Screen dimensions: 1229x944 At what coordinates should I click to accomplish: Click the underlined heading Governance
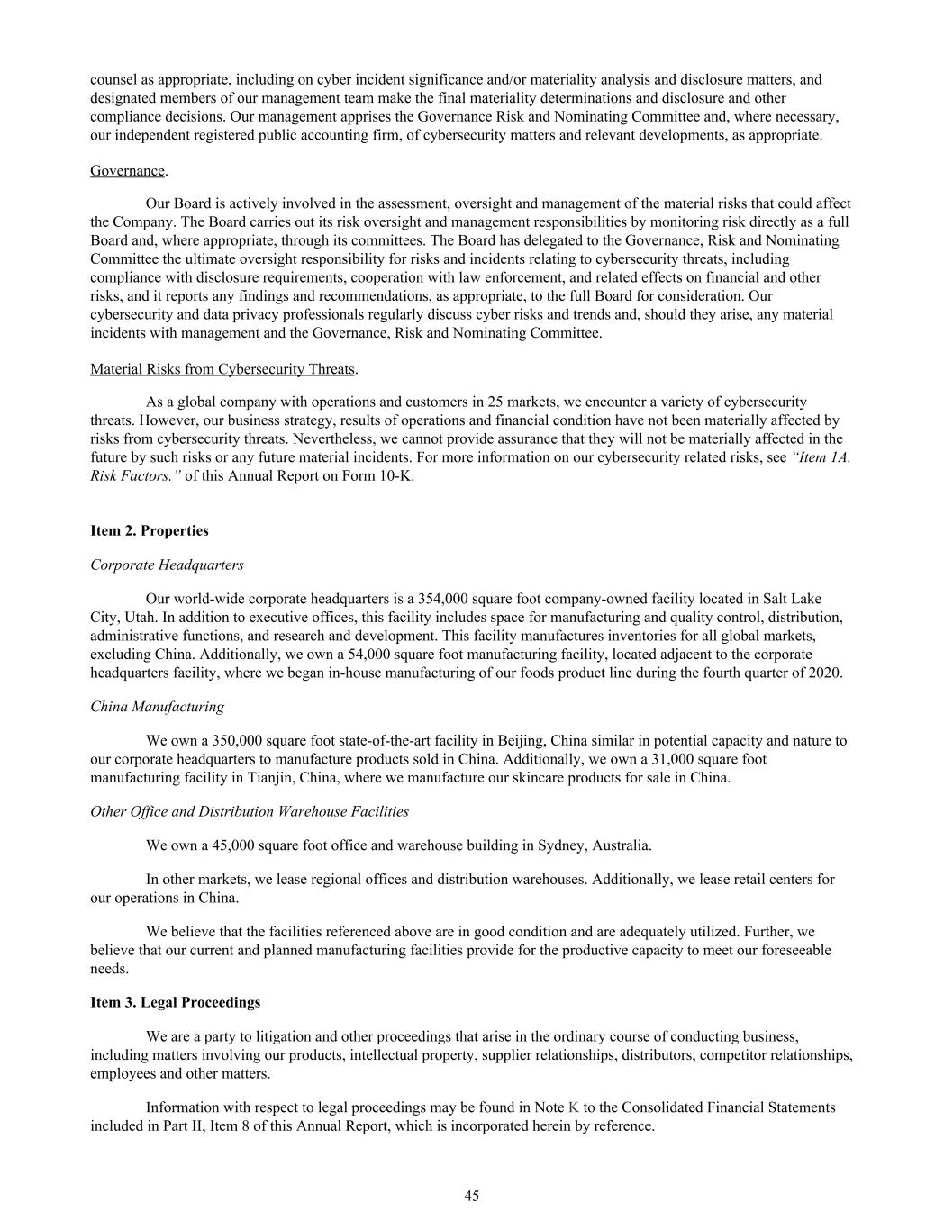tap(127, 170)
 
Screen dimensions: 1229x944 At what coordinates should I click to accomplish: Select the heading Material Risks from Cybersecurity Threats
tap(222, 368)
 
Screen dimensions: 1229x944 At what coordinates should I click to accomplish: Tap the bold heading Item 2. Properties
tap(149, 530)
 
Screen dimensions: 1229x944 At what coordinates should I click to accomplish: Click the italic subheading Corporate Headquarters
tap(167, 565)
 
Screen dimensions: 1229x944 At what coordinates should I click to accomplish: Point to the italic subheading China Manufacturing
tap(157, 707)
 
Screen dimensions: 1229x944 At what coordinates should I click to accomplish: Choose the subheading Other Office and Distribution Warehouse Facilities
tap(250, 811)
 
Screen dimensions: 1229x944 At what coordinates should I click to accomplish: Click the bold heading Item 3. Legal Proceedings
tap(175, 1002)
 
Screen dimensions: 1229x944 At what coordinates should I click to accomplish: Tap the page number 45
tap(472, 1196)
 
